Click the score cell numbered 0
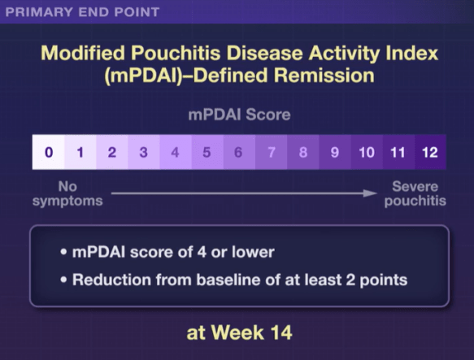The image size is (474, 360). coord(48,152)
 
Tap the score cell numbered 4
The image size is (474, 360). coord(175,152)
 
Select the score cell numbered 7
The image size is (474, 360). coord(271,152)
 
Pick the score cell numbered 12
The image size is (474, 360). coord(428,152)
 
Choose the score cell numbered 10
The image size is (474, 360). coord(366,152)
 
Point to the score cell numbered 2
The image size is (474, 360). coord(111,152)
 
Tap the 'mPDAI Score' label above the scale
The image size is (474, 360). coord(237,115)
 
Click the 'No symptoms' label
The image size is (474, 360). coord(67,193)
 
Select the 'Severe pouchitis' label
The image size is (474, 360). coord(414,193)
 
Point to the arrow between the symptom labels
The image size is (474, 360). coord(243,193)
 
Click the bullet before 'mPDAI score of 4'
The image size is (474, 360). coord(63,252)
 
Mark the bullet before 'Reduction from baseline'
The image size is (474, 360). coord(63,280)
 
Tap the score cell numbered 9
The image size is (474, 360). coord(334,152)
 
